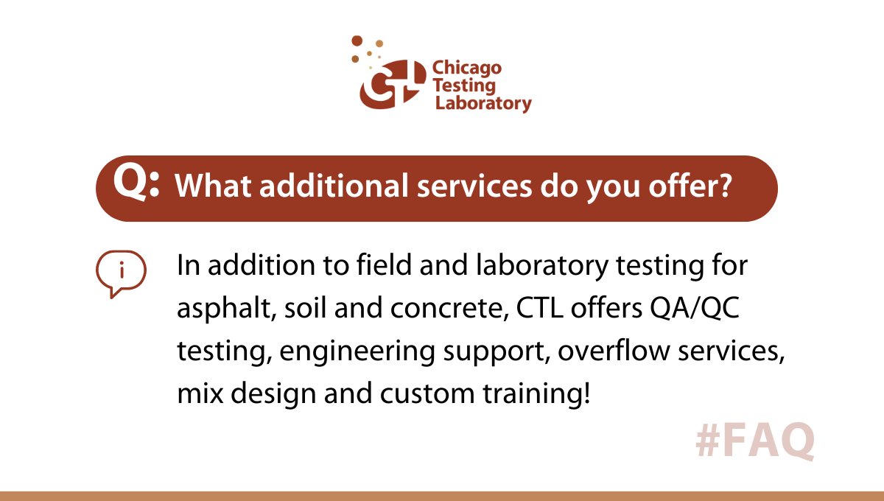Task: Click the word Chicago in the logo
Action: [466, 69]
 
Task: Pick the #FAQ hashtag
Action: [754, 441]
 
